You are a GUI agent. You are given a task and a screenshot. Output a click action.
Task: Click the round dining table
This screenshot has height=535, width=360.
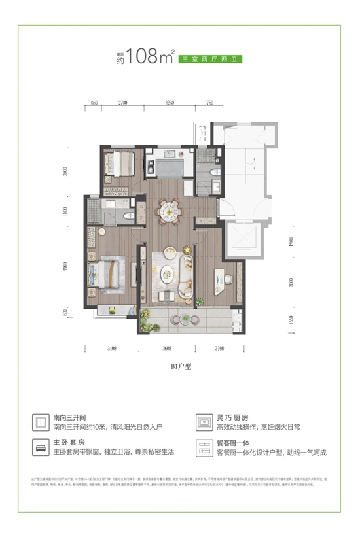click(x=170, y=211)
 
